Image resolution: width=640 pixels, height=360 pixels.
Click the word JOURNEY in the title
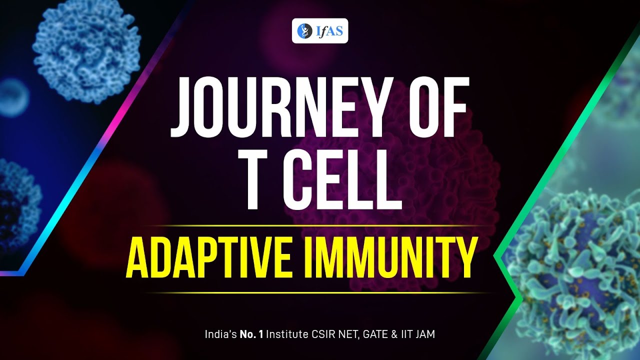point(280,109)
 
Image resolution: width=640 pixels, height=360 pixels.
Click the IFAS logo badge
point(320,31)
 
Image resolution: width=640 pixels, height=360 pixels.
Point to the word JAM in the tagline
point(424,334)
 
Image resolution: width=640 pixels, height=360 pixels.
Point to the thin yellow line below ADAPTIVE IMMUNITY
point(320,292)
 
